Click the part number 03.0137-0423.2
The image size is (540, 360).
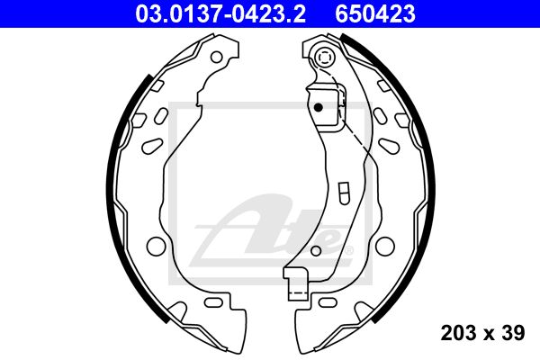pos(220,13)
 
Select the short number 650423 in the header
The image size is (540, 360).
pos(375,13)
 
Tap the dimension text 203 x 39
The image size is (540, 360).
pos(482,333)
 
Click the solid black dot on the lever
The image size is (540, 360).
pos(319,107)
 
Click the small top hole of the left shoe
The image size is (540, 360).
pos(217,57)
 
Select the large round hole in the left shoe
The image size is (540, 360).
pos(156,246)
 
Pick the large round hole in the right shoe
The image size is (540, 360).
pos(384,246)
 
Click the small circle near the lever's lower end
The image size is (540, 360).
pos(316,250)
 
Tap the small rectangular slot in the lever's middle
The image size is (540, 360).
pos(344,193)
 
